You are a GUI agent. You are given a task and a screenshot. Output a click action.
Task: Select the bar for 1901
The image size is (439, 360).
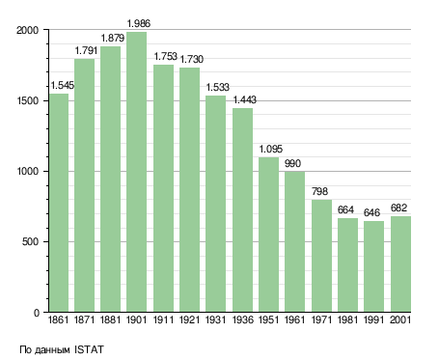pyautogui.click(x=136, y=172)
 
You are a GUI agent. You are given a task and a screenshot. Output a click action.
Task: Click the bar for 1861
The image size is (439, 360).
pyautogui.click(x=59, y=203)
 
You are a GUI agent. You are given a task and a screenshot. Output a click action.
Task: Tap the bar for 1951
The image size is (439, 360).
pyautogui.click(x=268, y=235)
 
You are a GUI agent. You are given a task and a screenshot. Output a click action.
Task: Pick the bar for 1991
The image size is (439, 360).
pyautogui.click(x=373, y=266)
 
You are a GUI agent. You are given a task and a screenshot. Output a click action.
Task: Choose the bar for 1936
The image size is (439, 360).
pyautogui.click(x=242, y=210)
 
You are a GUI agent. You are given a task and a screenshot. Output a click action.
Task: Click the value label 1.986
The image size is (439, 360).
pyautogui.click(x=139, y=23)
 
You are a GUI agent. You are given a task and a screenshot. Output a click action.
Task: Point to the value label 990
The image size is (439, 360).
pyautogui.click(x=292, y=163)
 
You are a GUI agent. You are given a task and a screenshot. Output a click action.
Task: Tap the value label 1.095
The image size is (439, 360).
pyautogui.click(x=271, y=149)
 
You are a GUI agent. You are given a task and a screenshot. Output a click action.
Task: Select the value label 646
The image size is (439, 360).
pyautogui.click(x=371, y=212)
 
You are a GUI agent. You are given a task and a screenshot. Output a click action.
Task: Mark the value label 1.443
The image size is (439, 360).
pyautogui.click(x=245, y=99)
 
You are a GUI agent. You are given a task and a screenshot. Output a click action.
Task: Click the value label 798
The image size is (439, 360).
pyautogui.click(x=319, y=191)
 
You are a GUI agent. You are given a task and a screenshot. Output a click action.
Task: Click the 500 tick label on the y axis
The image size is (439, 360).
pyautogui.click(x=30, y=241)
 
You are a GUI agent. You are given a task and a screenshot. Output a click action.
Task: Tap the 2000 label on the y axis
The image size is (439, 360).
pyautogui.click(x=27, y=30)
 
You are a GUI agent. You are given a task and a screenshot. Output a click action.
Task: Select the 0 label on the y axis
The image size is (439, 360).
pyautogui.click(x=36, y=313)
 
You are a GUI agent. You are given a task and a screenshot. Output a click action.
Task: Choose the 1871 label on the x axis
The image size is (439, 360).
pyautogui.click(x=84, y=319)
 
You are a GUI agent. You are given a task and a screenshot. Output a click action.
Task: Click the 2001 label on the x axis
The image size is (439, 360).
pyautogui.click(x=400, y=319)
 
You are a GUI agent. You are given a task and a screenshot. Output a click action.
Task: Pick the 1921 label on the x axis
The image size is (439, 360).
pyautogui.click(x=189, y=319)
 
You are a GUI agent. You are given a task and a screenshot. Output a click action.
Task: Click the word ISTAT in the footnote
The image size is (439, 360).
pyautogui.click(x=89, y=349)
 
